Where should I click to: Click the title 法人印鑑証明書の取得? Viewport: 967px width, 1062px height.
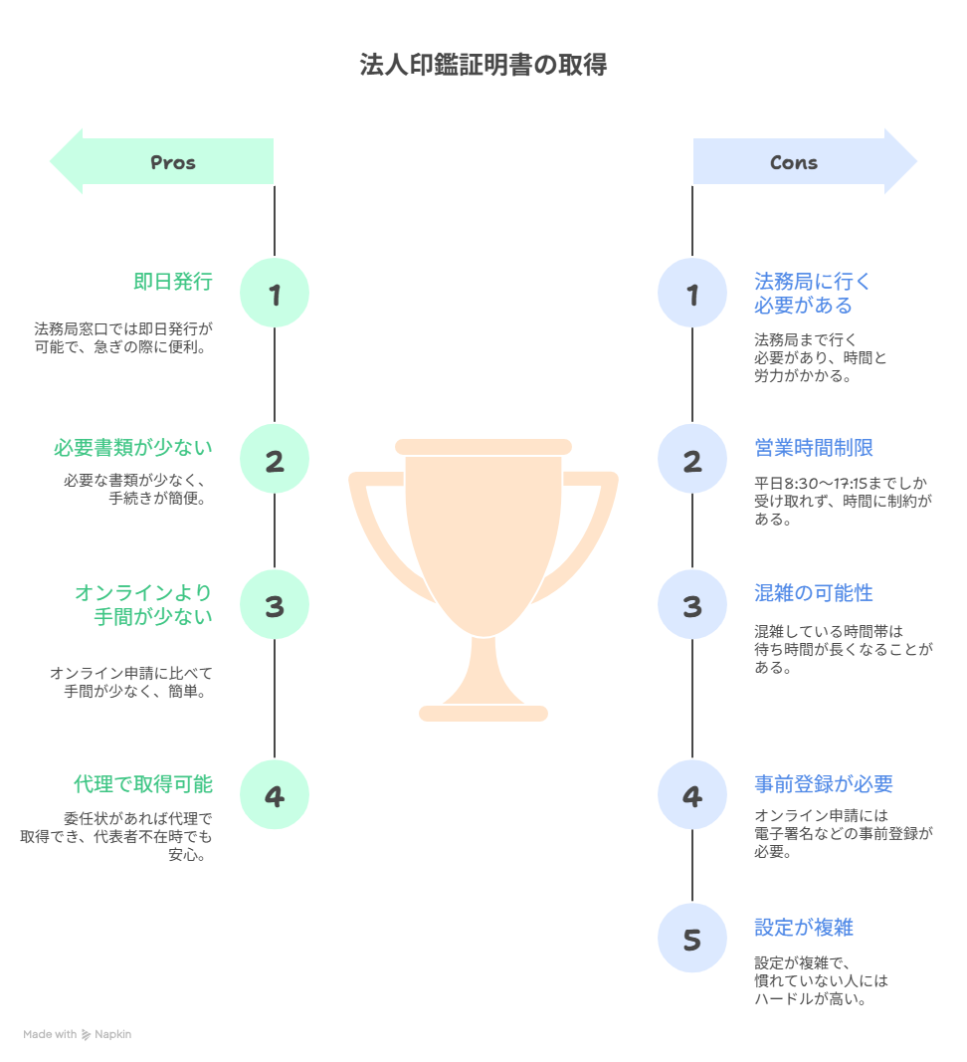(483, 67)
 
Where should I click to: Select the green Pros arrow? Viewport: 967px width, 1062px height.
(161, 161)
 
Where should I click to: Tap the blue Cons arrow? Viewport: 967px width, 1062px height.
(805, 161)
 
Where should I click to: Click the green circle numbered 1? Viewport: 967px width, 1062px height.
(275, 294)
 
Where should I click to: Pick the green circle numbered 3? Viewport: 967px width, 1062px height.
(275, 605)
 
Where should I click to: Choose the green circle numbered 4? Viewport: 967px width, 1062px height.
(275, 795)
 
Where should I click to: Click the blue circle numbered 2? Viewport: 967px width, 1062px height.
(692, 460)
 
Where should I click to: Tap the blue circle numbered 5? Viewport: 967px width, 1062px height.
(692, 938)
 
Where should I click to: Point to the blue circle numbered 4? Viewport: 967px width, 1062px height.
(692, 795)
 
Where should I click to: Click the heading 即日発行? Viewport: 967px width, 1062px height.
(173, 282)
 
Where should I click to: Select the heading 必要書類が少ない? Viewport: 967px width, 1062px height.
(133, 448)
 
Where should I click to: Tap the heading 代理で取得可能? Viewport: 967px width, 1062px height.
(143, 783)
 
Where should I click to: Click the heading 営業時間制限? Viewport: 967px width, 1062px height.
(814, 448)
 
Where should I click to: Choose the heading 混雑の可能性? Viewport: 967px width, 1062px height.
(814, 593)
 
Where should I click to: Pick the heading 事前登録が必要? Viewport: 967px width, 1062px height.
(824, 783)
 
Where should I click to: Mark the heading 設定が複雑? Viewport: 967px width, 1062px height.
(804, 928)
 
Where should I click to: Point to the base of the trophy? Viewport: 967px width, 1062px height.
(483, 713)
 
